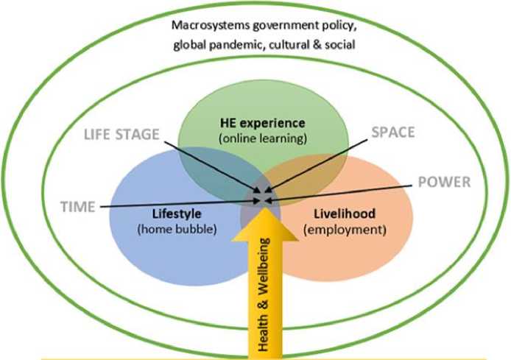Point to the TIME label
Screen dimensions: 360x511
point(77,207)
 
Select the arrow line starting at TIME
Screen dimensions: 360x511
point(177,202)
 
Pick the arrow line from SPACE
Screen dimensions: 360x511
point(324,166)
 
